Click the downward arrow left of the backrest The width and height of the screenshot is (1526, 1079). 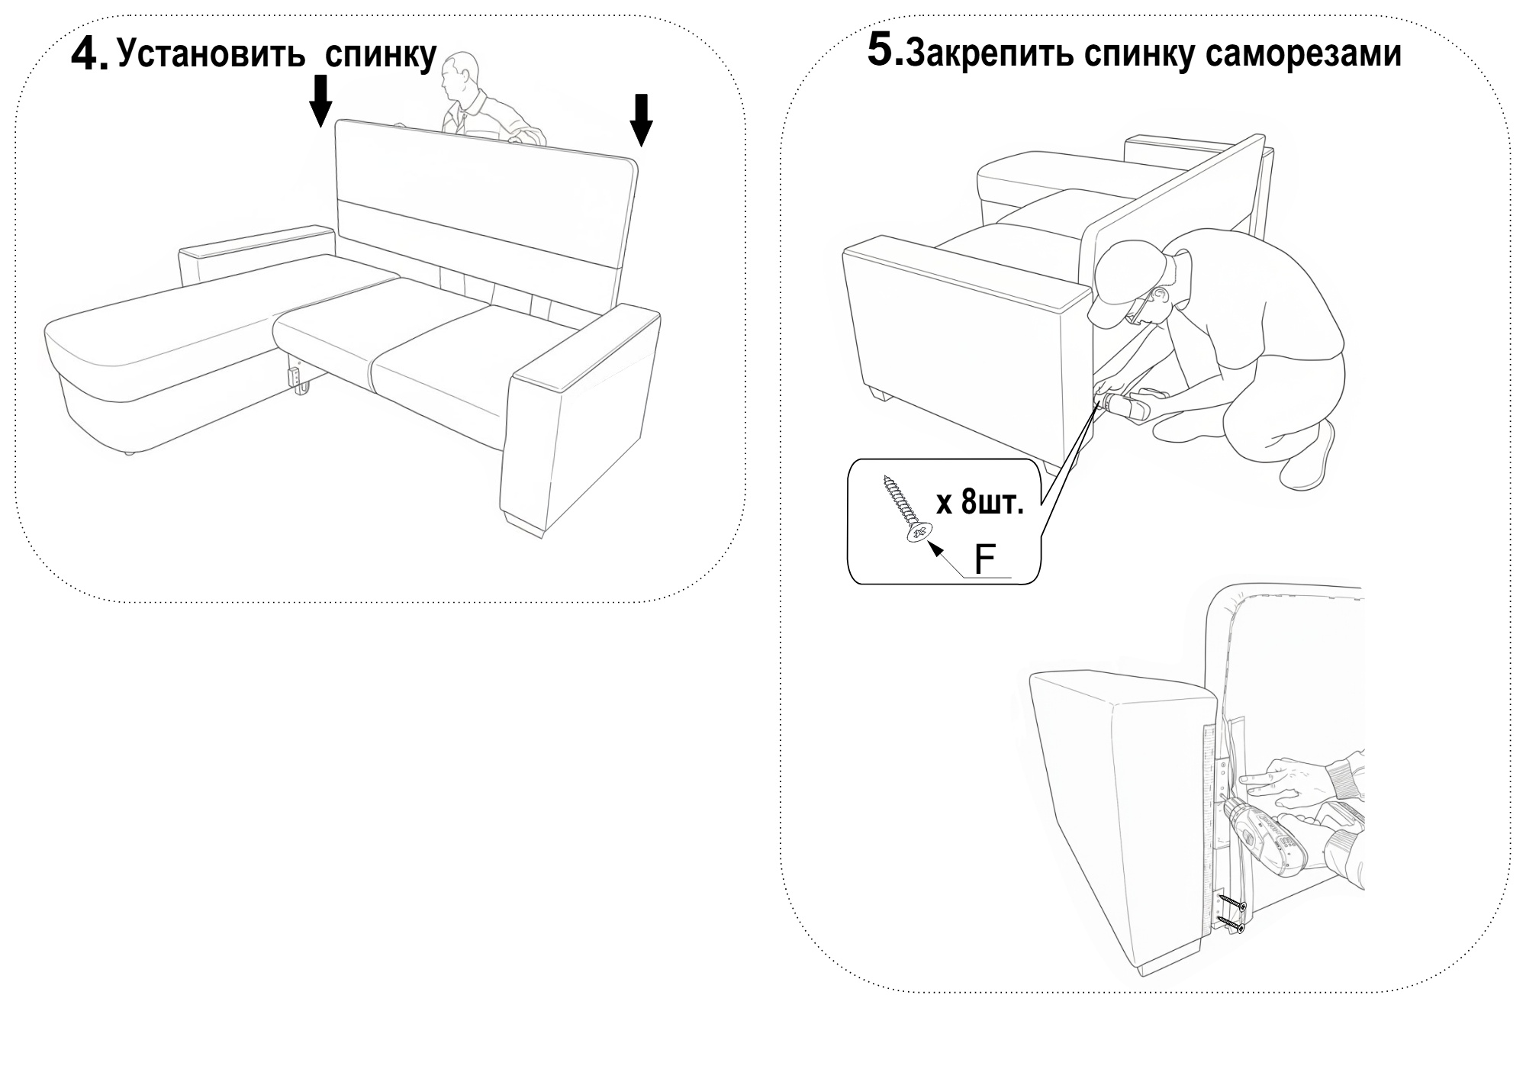tap(321, 100)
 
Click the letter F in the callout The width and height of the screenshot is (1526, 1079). tap(984, 560)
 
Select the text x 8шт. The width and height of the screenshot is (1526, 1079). tap(979, 504)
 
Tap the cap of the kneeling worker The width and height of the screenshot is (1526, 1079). tap(1122, 275)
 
